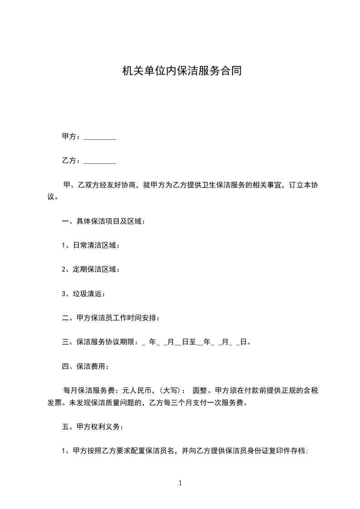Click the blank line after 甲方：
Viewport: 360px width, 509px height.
pos(100,137)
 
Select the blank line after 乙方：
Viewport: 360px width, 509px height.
pos(100,161)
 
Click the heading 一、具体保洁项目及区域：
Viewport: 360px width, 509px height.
pos(104,221)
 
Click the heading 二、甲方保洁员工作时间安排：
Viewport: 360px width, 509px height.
pos(110,318)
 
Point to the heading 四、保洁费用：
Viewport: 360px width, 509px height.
pos(85,366)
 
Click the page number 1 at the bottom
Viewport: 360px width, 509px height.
pos(180,483)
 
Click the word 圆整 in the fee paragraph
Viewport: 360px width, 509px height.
pos(200,390)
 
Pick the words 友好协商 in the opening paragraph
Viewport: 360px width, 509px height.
pos(119,185)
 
